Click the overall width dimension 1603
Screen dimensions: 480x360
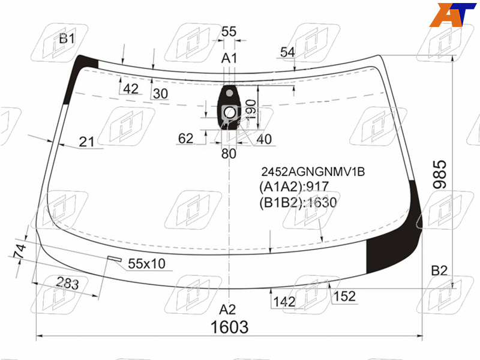tap(229, 327)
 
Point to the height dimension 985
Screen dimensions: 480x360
tap(440, 174)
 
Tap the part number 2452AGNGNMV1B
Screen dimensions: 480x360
tap(313, 172)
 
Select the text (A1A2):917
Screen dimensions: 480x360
tap(294, 187)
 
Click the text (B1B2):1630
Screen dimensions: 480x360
tap(298, 202)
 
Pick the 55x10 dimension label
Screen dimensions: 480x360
tap(146, 263)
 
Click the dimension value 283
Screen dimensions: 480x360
tap(67, 283)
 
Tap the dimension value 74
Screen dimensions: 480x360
tap(20, 251)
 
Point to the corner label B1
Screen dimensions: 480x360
tap(67, 39)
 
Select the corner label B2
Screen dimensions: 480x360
tap(439, 271)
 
